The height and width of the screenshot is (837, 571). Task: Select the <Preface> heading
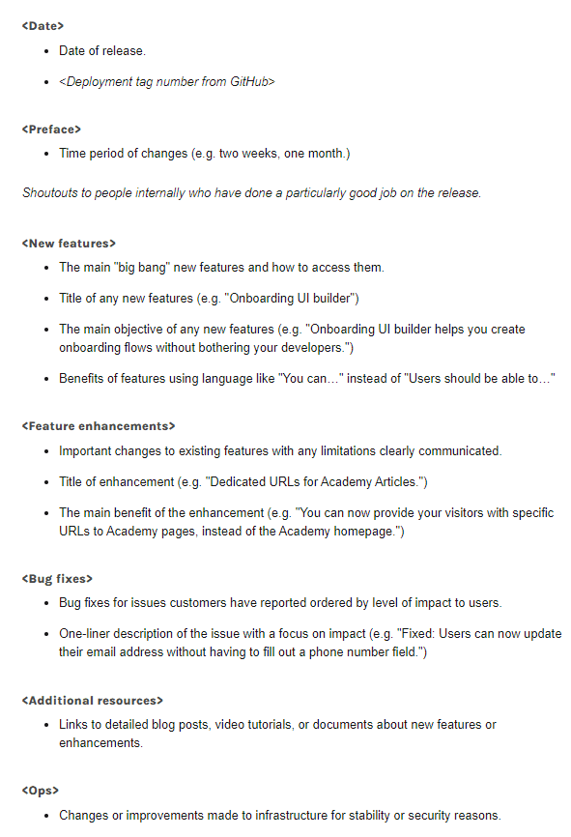tap(51, 129)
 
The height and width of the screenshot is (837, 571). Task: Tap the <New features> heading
tap(69, 243)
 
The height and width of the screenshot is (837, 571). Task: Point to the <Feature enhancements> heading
tap(99, 425)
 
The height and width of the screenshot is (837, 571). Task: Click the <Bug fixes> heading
tap(57, 578)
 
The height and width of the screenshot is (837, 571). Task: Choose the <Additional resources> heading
tap(93, 700)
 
